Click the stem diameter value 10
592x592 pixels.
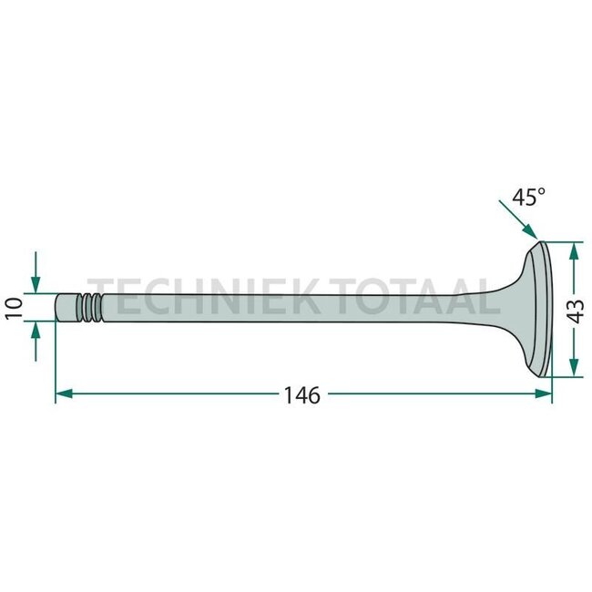[x=13, y=308]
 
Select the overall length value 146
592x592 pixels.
[x=301, y=395]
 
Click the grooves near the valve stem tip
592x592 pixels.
[x=89, y=308]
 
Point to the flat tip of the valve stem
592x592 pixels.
[x=57, y=308]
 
